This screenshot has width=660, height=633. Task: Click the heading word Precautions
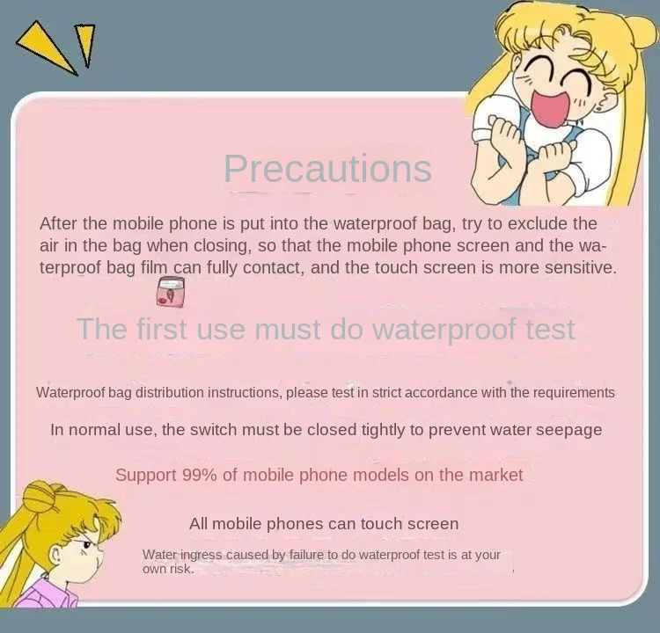(x=328, y=169)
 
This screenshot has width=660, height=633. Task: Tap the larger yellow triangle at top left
(x=48, y=48)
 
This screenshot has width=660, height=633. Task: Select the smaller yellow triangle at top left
(x=85, y=43)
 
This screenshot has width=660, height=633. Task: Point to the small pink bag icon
(x=171, y=292)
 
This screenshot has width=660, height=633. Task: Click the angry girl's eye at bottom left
(x=87, y=545)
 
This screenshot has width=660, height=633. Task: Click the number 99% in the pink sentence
(x=200, y=476)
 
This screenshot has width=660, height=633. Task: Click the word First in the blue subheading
(x=161, y=329)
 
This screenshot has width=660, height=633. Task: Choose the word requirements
(x=574, y=393)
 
